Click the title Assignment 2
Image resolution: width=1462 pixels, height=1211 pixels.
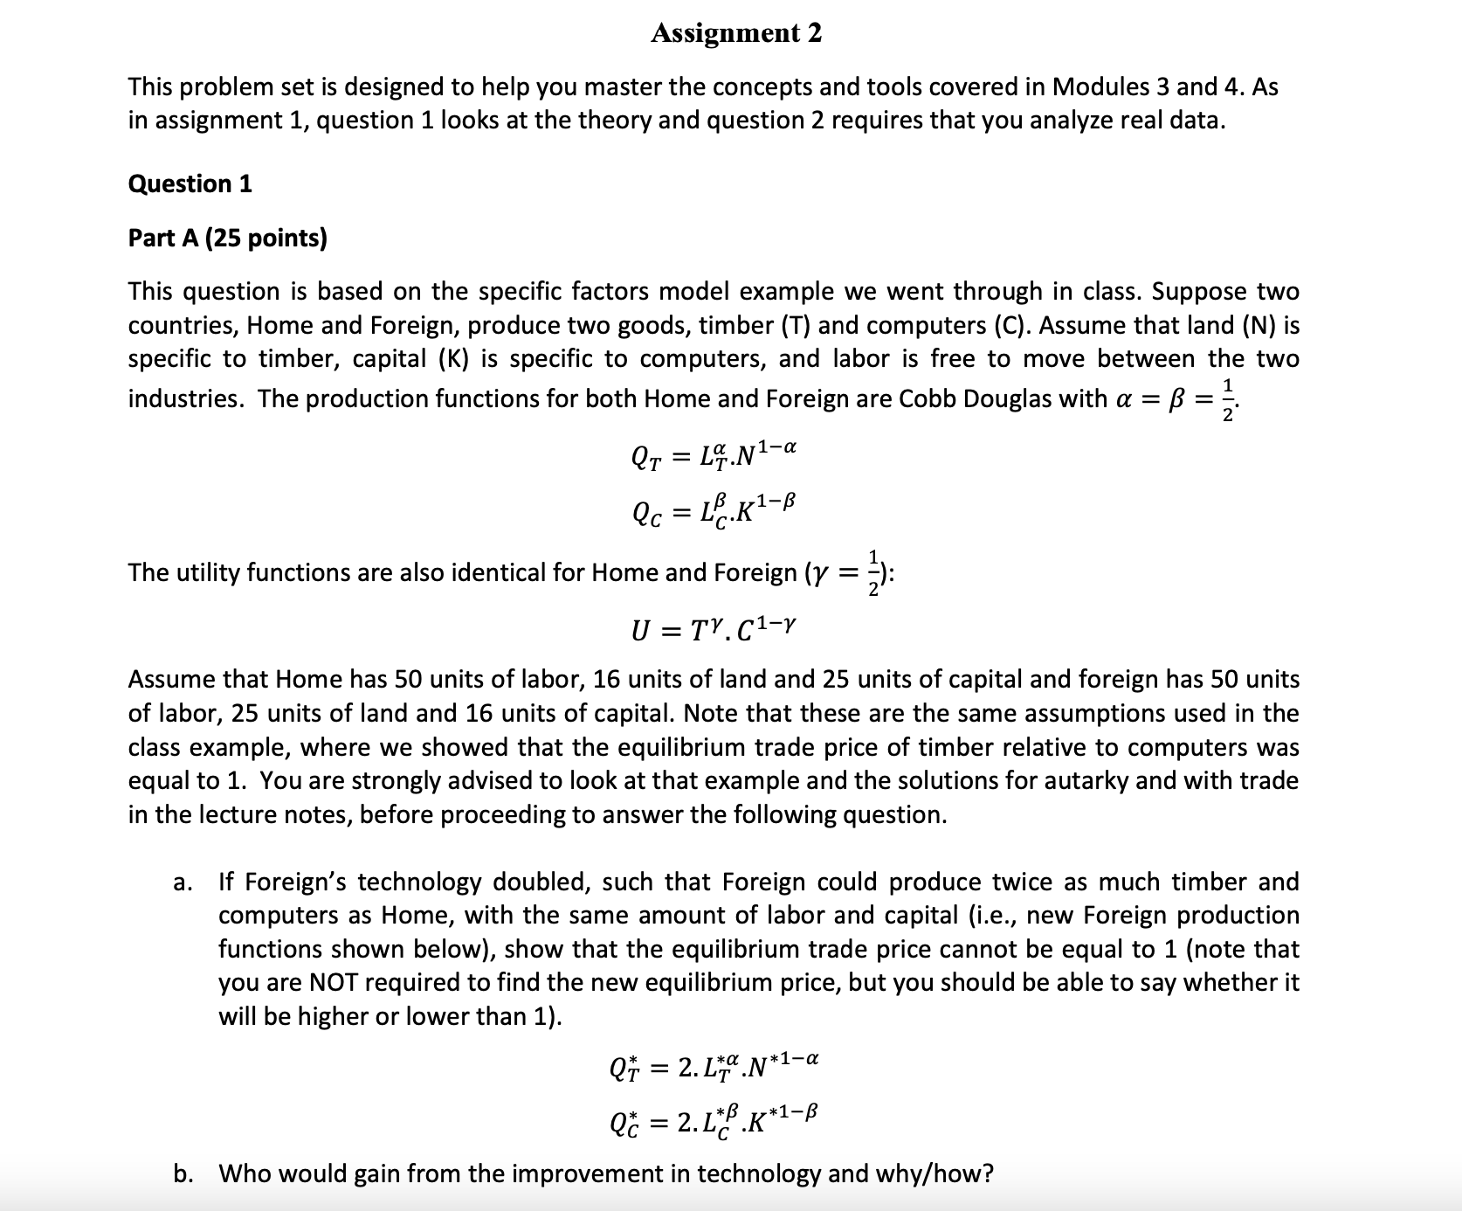735,33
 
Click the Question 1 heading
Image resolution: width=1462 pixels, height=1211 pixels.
190,183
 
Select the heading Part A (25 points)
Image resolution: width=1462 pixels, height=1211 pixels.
227,238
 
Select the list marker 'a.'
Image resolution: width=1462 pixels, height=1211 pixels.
183,882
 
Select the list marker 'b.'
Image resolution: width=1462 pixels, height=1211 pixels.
183,1173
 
